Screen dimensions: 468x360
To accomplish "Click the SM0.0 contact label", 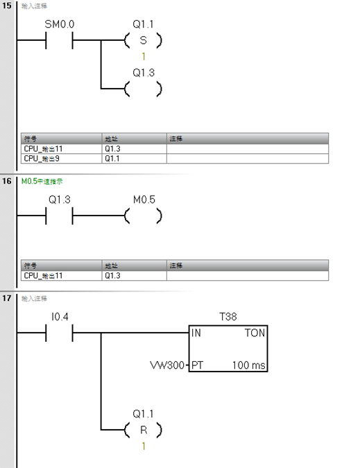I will (59, 24).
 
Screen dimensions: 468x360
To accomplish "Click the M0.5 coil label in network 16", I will (144, 200).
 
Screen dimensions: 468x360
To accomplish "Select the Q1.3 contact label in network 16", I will (59, 200).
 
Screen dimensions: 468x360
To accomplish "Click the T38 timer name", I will (228, 316).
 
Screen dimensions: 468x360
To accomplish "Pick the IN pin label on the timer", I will (196, 333).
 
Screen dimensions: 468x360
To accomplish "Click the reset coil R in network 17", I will (144, 430).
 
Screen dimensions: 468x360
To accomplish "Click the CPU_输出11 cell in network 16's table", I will (42, 275).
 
